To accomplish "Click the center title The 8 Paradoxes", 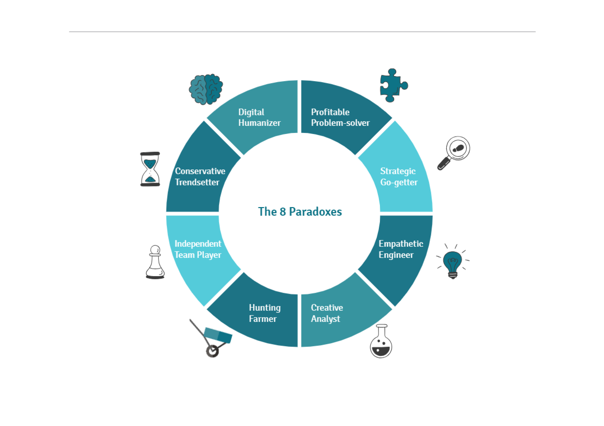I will point(300,211).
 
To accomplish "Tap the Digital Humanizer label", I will point(259,117).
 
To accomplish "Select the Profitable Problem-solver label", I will point(340,117).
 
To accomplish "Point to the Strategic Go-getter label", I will point(399,177).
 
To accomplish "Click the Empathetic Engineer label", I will point(401,249).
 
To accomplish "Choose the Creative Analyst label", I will point(327,313).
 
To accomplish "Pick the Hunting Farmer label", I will point(265,313).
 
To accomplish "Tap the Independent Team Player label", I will point(198,249).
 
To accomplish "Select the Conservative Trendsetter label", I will point(200,177).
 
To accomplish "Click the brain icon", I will point(206,89).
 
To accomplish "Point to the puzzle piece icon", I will point(392,85).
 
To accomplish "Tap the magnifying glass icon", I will point(454,153).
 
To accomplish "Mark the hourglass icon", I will point(150,169).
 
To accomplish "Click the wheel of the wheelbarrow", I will point(212,351).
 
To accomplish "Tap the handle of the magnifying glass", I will point(443,164).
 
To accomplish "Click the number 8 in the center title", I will point(283,212).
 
